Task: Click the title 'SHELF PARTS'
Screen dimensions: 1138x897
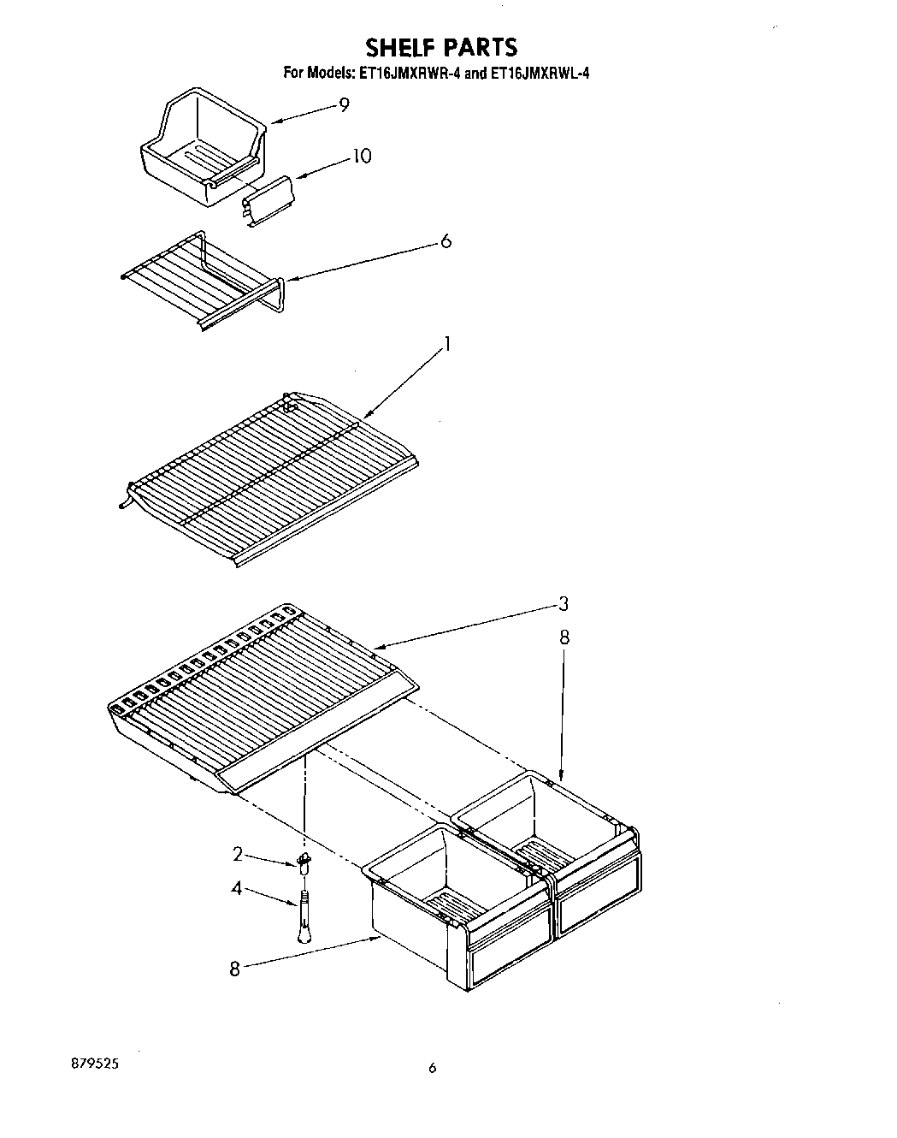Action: (442, 46)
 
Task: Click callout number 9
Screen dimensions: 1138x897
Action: (344, 105)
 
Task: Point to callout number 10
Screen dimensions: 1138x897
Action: (362, 157)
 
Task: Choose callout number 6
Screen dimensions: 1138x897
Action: (445, 241)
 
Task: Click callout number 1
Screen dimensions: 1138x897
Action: (446, 345)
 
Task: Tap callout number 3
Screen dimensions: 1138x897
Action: (563, 605)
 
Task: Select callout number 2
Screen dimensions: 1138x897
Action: (239, 854)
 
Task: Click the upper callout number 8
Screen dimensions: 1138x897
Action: (564, 637)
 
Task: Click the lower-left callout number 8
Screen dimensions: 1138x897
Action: (234, 970)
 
